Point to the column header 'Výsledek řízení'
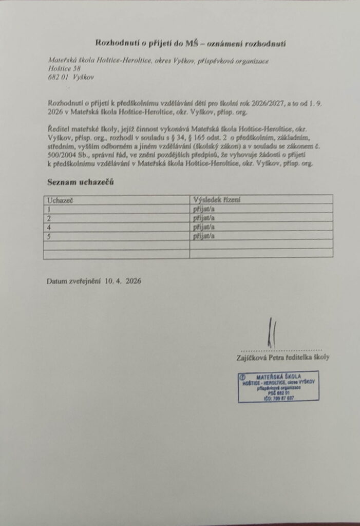point(217,199)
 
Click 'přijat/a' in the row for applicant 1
point(204,209)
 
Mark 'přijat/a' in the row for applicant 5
point(204,236)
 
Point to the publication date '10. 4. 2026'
point(124,281)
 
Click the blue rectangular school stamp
point(281,386)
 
